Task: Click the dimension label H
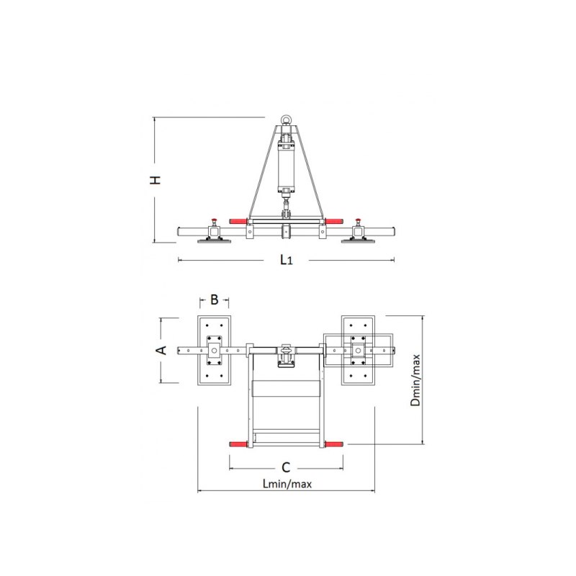click(156, 180)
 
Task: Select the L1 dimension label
click(287, 260)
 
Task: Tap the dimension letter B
click(214, 300)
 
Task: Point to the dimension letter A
click(161, 351)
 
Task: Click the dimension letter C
click(286, 467)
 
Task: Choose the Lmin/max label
click(287, 484)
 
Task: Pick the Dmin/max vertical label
click(415, 380)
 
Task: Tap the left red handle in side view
click(238, 221)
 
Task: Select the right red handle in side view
click(334, 221)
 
